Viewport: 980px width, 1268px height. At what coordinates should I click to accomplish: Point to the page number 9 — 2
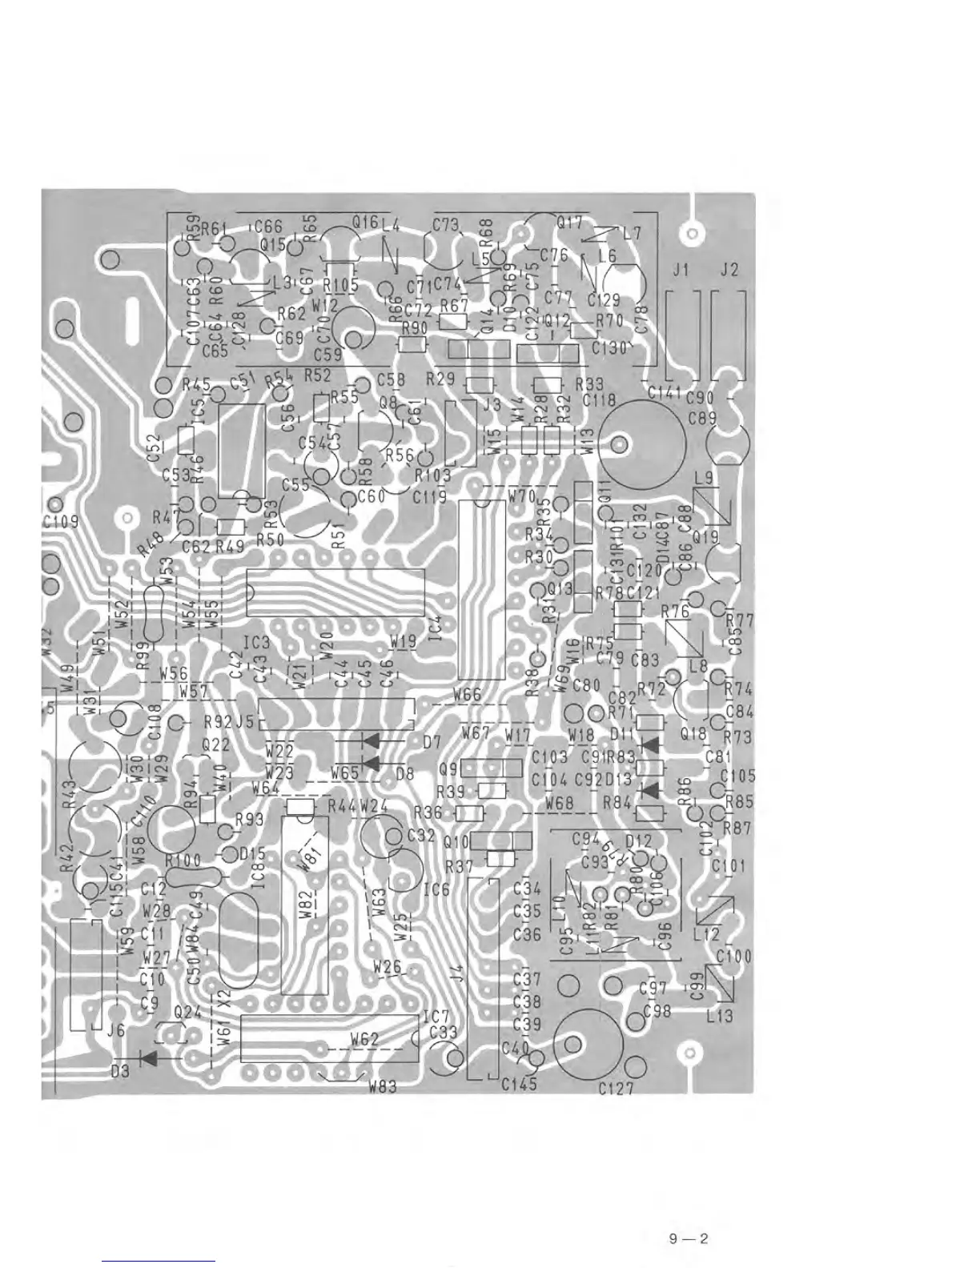(x=689, y=1240)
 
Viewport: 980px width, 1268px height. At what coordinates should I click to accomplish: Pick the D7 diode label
(x=432, y=742)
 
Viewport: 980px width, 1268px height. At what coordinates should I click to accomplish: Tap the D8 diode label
(x=405, y=774)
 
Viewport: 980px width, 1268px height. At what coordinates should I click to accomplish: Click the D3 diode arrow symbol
(x=147, y=1057)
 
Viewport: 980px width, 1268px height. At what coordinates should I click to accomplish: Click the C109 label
(x=60, y=522)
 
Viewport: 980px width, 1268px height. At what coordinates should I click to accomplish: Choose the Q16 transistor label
(x=365, y=223)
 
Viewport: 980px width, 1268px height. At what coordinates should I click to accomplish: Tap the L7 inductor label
(x=632, y=234)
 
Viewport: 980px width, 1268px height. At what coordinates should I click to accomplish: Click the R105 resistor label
(x=341, y=283)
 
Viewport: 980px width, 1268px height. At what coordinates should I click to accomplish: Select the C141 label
(x=664, y=392)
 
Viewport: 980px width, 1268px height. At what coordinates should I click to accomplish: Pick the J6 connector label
(x=116, y=1032)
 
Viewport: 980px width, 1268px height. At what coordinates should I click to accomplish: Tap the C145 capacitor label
(x=519, y=1084)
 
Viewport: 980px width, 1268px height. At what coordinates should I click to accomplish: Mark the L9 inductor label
(x=705, y=479)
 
